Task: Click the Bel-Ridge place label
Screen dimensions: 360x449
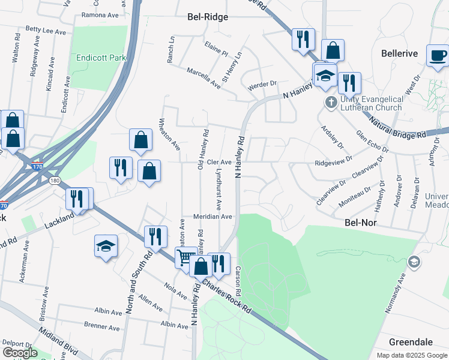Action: tap(208, 17)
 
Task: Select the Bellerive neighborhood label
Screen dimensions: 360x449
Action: tap(399, 53)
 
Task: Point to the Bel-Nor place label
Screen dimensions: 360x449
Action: tap(360, 221)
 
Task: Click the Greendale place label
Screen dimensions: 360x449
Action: tap(411, 342)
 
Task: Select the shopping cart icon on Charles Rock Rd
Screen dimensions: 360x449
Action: tap(186, 258)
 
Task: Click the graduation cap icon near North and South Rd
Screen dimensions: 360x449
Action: tap(106, 246)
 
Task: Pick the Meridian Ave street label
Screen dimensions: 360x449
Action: tap(212, 217)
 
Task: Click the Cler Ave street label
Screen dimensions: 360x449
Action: tap(219, 162)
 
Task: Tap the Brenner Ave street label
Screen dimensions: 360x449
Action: tap(102, 328)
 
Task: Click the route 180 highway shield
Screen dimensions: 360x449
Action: tap(55, 180)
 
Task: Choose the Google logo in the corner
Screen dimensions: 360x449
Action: tap(20, 353)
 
